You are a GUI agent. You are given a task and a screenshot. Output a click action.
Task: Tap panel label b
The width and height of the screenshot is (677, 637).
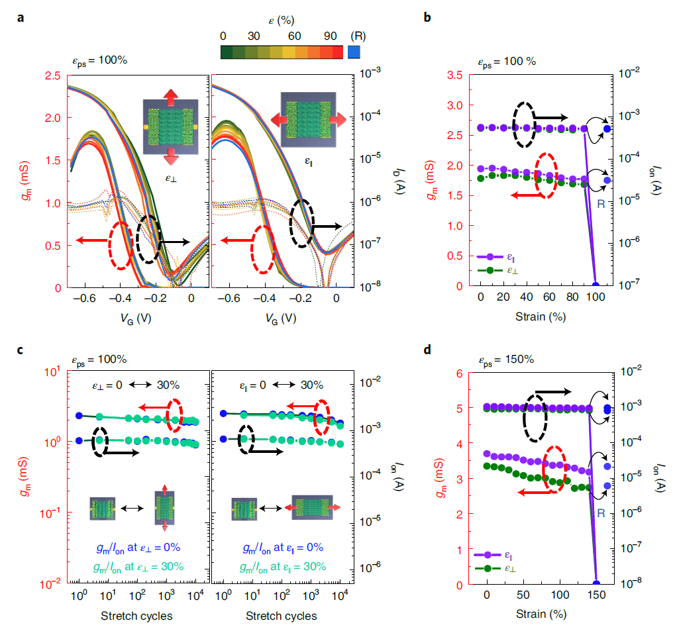pos(427,18)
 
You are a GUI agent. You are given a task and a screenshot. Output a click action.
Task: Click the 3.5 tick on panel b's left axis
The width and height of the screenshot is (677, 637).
pos(456,74)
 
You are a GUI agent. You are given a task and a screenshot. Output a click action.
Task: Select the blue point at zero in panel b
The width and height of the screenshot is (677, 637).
pos(596,285)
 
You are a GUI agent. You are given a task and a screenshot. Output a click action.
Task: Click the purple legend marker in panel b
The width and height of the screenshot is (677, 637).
pos(490,257)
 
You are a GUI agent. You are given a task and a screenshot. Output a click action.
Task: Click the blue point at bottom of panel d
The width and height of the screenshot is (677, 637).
pos(596,583)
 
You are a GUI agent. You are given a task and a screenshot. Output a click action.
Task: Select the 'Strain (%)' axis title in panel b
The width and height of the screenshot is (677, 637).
pos(540,317)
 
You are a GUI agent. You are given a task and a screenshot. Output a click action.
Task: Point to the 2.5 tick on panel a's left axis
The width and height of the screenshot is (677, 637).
pos(51,77)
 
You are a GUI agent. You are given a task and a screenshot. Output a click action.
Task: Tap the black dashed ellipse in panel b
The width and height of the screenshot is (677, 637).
pos(523,124)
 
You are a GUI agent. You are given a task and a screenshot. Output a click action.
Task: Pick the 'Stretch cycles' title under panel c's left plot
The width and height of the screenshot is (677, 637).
pos(136,616)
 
